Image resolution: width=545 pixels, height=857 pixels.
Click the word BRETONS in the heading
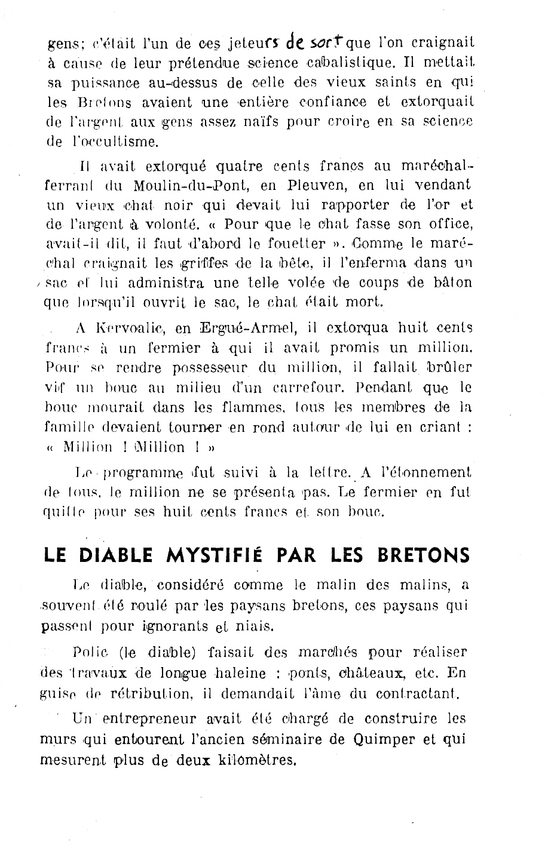(x=424, y=555)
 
